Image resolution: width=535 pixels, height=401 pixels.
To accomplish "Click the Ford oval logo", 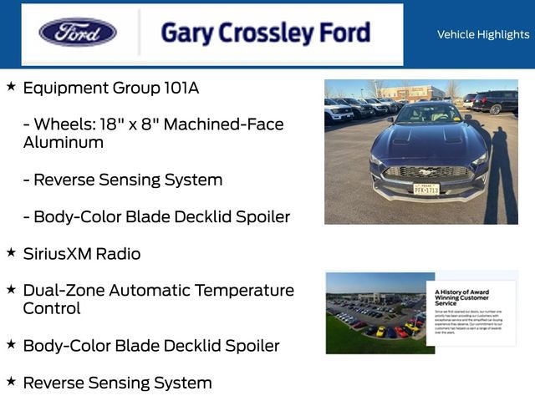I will coord(78,33).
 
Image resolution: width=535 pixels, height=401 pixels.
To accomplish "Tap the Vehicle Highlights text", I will coord(482,34).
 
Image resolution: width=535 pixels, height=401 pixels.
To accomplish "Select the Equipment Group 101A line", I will coord(111,88).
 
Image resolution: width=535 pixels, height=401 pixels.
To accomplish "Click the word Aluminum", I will coord(64,142).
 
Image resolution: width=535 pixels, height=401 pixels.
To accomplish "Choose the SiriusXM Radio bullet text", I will coord(82,253).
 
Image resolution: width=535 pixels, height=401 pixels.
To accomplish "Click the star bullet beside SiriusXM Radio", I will coord(11,251).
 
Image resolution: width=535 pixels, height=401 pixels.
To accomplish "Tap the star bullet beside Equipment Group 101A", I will coord(11,86).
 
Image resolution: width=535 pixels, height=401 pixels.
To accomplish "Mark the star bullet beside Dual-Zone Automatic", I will coord(11,289).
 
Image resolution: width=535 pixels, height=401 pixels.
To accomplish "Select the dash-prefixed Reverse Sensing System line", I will coord(123,180).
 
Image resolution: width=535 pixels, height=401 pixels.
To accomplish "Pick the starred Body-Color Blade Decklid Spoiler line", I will coord(151,345).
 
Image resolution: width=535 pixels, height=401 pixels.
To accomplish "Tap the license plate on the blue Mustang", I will coord(426,189).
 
